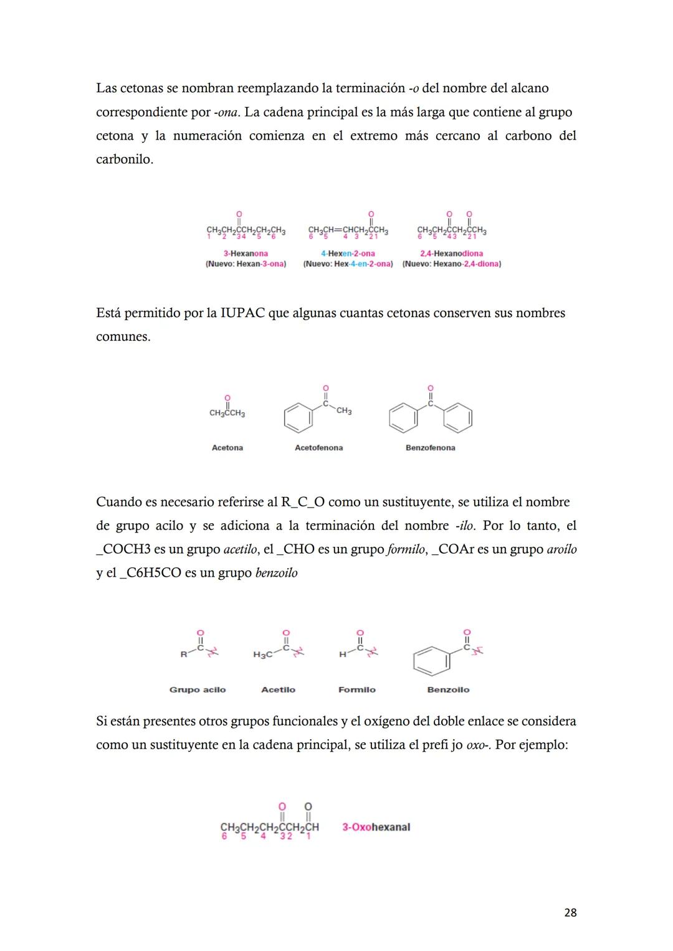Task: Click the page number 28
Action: coord(570,912)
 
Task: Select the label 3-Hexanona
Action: coord(246,253)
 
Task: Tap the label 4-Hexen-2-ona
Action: coord(348,253)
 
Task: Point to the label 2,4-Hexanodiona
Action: coord(451,253)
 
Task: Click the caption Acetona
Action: coord(227,448)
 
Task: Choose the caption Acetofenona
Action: coord(318,448)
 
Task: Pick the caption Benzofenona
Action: coord(430,448)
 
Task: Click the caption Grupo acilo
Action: coord(198,689)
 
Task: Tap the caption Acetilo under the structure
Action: coord(278,689)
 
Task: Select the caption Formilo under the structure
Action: coord(356,689)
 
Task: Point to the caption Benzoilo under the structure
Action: coord(448,689)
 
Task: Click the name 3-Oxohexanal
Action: coord(376,827)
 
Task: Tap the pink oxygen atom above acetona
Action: coord(227,397)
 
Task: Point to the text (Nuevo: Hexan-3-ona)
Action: coord(246,264)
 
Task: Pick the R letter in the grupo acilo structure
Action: coord(184,655)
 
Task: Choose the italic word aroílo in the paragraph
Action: coord(561,549)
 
